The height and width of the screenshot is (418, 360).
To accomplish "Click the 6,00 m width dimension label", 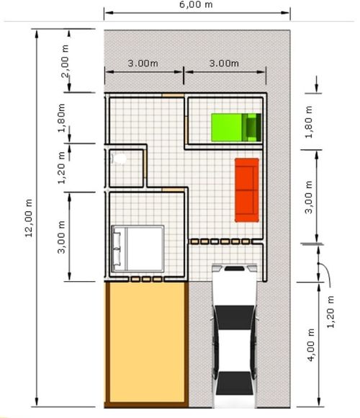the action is (x=196, y=4).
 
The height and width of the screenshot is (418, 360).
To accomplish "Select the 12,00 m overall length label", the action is (x=29, y=218).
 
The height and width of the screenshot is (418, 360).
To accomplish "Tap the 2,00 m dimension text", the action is (x=65, y=61).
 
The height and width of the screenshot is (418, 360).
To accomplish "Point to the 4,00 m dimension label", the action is (x=311, y=344).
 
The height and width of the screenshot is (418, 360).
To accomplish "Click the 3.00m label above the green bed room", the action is (x=224, y=63).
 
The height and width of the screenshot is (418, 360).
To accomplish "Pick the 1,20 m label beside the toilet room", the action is (x=61, y=167).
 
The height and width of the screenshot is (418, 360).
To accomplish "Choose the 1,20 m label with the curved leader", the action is (x=330, y=311).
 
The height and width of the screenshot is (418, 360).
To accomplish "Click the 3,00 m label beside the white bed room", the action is (x=61, y=236).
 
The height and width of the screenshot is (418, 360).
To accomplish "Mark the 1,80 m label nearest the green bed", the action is (x=309, y=122).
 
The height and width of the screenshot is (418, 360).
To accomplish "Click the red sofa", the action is (x=247, y=190).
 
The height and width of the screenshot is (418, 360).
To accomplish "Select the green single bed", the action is (x=236, y=127).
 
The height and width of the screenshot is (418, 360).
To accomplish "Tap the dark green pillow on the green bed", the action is (x=251, y=127).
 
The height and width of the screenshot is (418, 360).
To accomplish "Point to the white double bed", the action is (x=138, y=249).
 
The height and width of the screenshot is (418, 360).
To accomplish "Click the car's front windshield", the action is (x=234, y=317).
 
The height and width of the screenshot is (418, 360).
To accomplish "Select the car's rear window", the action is (x=234, y=383).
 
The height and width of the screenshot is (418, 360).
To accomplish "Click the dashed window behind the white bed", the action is (x=146, y=279).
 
